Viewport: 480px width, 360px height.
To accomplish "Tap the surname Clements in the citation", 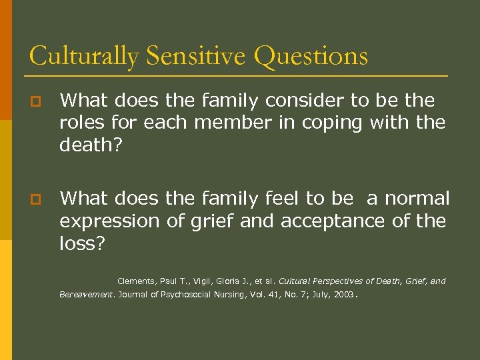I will coord(136,281).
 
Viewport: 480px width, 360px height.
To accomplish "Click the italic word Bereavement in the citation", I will coord(87,294).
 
